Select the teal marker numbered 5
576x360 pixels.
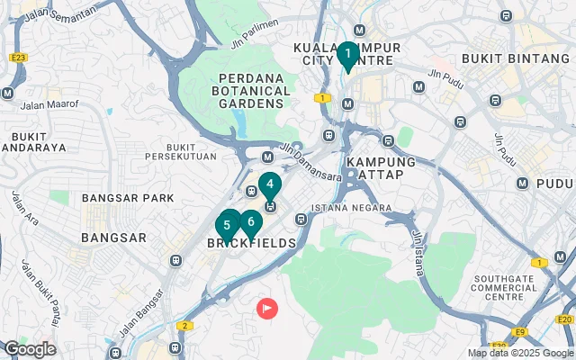(228, 225)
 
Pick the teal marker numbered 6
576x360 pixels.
(250, 221)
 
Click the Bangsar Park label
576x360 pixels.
(114, 197)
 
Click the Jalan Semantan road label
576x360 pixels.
(61, 14)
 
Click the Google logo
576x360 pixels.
(30, 349)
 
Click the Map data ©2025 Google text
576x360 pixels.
(519, 353)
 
